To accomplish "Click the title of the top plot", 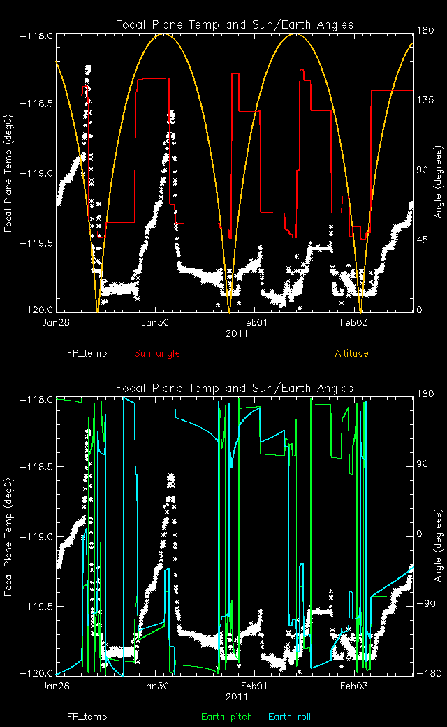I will coord(234,24).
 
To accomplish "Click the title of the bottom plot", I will coord(234,388).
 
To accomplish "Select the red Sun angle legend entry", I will coord(157,353).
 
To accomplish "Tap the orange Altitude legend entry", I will coord(351,353).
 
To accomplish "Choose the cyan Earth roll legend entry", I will coord(289,717).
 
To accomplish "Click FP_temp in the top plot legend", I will coord(87,353).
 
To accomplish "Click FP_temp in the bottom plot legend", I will coord(87,717).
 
